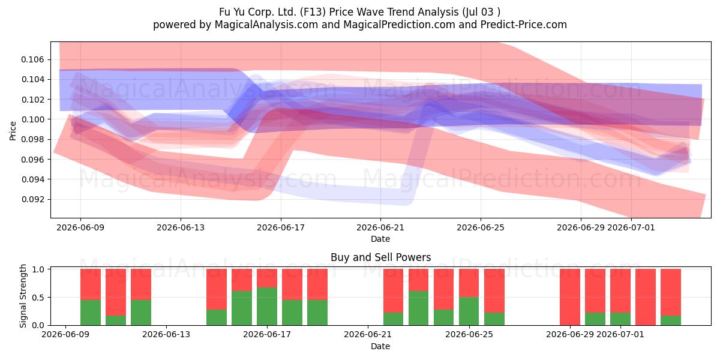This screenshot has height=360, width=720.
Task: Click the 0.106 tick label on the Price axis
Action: click(32, 59)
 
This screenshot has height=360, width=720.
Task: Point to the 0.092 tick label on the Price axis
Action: click(32, 199)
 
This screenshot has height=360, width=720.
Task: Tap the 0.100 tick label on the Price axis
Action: click(32, 119)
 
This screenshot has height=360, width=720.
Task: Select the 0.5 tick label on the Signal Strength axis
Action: click(38, 298)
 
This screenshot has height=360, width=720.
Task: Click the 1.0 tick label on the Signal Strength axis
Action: click(38, 269)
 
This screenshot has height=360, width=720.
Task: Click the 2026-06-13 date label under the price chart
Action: click(181, 227)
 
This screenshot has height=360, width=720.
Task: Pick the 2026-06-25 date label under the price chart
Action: click(481, 227)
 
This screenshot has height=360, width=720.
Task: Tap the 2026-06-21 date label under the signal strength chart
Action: click(368, 334)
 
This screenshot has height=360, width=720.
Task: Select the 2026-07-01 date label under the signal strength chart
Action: click(620, 334)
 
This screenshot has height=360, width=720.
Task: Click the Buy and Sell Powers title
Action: click(380, 257)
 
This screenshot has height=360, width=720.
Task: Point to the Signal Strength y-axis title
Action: click(23, 296)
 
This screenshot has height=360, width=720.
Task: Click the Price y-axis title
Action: click(13, 131)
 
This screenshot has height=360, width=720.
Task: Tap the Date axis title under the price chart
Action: click(380, 239)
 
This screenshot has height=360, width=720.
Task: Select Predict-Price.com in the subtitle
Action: click(524, 25)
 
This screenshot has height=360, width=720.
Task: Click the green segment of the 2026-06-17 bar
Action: click(267, 307)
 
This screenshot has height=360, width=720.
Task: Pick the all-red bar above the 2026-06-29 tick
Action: click(570, 297)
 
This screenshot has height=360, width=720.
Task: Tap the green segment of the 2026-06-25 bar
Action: click(469, 311)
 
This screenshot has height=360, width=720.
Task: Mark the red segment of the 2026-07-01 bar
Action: click(620, 290)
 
